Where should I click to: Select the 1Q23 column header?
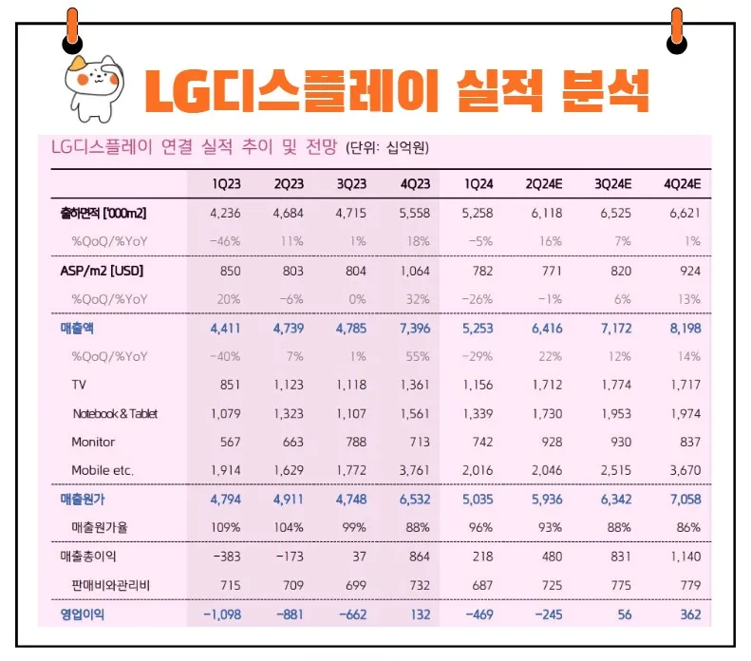pyautogui.click(x=226, y=183)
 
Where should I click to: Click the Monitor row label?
pyautogui.click(x=93, y=442)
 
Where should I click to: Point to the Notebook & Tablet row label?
pyautogui.click(x=115, y=413)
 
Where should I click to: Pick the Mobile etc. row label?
pyautogui.click(x=103, y=470)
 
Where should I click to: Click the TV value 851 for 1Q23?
pyautogui.click(x=229, y=385)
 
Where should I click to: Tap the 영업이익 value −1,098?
pyautogui.click(x=222, y=614)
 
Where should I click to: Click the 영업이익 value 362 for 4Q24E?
pyautogui.click(x=690, y=614)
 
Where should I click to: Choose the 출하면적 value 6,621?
pyautogui.click(x=684, y=213)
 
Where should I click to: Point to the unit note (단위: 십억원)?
pyautogui.click(x=387, y=148)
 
